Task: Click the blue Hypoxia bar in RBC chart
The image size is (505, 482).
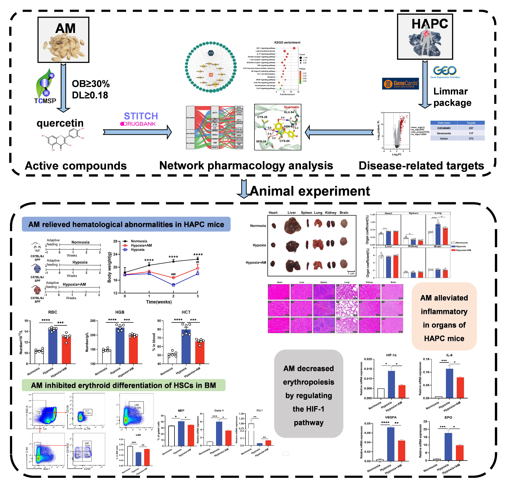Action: coord(53,346)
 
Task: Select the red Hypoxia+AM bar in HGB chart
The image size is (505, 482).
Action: coord(133,349)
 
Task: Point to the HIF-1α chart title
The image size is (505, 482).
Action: coord(391,355)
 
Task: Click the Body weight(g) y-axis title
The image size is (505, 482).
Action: coord(109,267)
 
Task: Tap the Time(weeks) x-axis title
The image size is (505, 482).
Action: coord(159,302)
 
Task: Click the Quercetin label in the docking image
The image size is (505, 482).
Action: coord(291,107)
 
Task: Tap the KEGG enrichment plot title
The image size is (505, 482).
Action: coord(287,42)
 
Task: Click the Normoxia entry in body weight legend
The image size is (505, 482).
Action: coord(139,241)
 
